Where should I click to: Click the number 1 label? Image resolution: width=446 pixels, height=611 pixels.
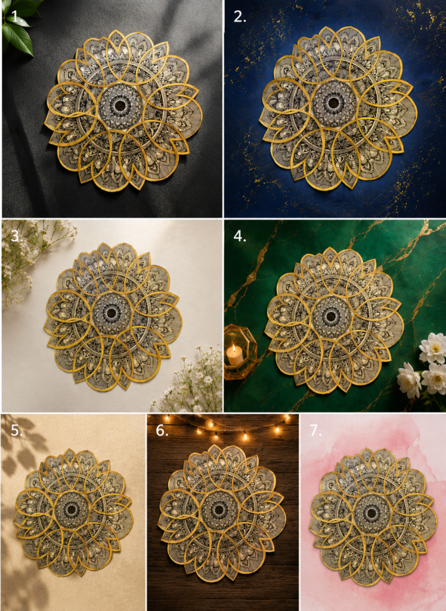[15, 16]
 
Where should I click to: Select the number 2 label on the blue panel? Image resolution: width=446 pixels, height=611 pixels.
[240, 16]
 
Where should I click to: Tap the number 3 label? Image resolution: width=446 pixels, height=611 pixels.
[16, 236]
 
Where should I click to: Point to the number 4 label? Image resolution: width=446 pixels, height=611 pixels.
[240, 236]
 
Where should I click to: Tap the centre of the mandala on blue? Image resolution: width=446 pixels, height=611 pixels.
[333, 103]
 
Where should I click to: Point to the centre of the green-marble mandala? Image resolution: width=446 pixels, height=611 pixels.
[331, 315]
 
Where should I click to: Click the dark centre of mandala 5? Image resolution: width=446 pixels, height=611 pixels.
[72, 510]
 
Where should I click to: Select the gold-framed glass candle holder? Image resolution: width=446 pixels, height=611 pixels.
[239, 351]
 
